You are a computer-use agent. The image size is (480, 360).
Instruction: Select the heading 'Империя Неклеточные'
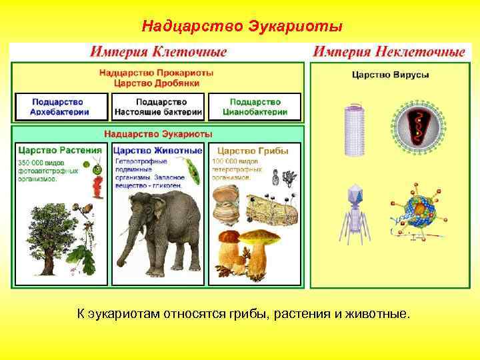click(x=389, y=51)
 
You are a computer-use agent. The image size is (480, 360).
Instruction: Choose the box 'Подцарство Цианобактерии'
click(x=255, y=107)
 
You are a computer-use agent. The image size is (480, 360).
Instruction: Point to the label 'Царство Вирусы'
click(x=390, y=75)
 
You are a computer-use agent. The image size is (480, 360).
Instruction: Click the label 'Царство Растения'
click(x=61, y=151)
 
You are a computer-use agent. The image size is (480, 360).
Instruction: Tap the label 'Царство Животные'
click(x=157, y=151)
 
